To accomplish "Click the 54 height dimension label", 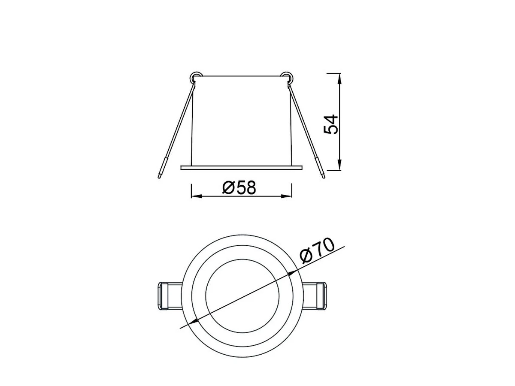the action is (331, 124).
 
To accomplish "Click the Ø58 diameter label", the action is (239, 187).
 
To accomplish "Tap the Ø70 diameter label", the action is (317, 250).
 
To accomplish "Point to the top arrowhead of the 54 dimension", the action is (340, 78).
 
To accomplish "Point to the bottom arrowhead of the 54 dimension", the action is (340, 165).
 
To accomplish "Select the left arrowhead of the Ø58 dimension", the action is (197, 196).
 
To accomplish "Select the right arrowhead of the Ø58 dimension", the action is (287, 196).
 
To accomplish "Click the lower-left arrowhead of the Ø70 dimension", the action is (192, 322).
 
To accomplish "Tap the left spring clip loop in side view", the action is (195, 77).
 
